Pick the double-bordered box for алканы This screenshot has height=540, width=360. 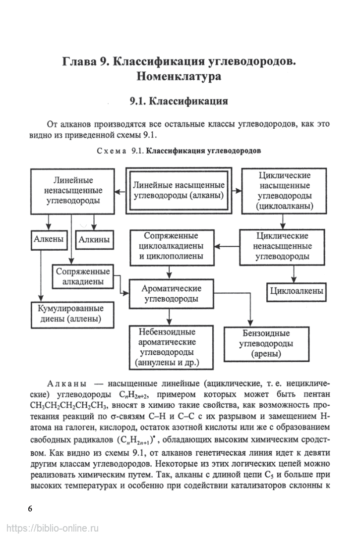(x=179, y=190)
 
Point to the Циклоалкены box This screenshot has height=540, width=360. (x=297, y=291)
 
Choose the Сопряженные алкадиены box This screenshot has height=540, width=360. (x=83, y=277)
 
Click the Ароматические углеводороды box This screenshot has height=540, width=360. (x=171, y=293)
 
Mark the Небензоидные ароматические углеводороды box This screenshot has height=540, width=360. (x=171, y=347)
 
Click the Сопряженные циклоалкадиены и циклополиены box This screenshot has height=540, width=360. (x=171, y=246)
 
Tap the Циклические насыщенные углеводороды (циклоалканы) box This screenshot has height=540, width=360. (x=284, y=190)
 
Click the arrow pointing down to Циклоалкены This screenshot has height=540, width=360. (x=294, y=273)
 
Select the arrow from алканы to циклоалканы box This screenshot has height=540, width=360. (x=236, y=190)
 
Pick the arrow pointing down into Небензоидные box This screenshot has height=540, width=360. (x=170, y=317)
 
